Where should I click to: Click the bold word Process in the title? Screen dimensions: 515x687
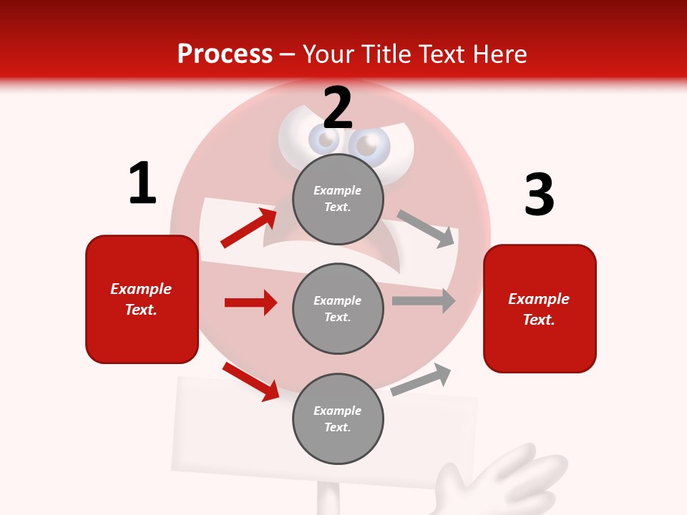point(225,54)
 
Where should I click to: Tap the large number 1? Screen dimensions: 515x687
point(142,183)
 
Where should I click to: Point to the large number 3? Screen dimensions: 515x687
point(539,195)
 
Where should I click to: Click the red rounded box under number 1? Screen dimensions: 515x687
point(142,299)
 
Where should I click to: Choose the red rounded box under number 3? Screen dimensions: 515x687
point(540,308)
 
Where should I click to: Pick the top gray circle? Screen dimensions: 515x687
point(338,199)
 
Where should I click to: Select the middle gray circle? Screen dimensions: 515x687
point(338,308)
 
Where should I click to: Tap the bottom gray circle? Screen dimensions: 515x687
point(338,418)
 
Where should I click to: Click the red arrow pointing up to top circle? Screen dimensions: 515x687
point(248,228)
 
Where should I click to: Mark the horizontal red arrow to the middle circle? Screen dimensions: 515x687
point(250,303)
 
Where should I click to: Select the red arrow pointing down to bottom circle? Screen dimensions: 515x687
point(250,381)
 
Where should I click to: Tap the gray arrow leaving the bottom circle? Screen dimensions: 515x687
point(421,380)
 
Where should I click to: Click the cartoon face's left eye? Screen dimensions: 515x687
point(323,140)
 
